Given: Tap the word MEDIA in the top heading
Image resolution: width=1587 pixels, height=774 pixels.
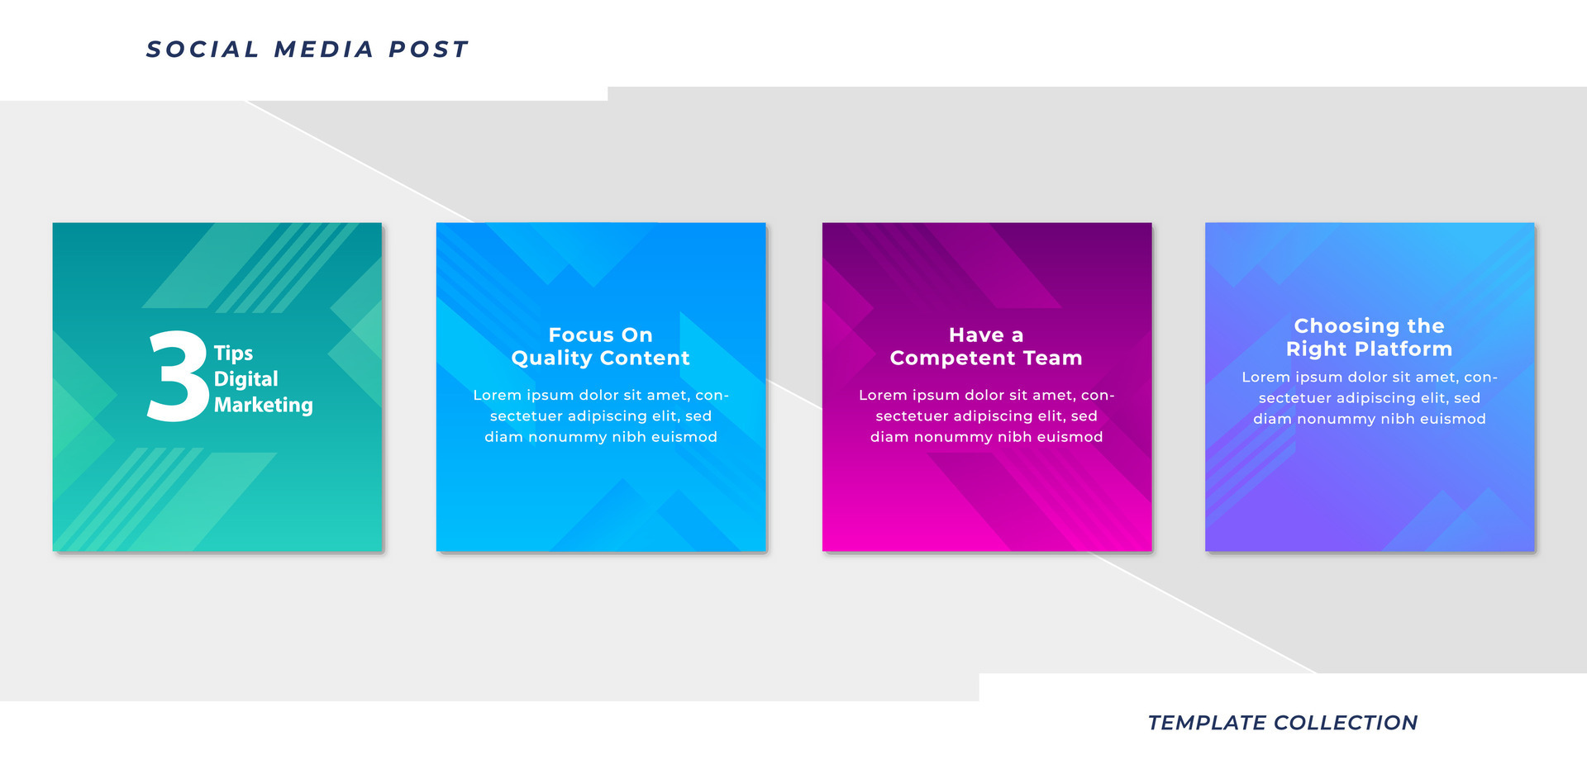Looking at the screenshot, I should point(324,50).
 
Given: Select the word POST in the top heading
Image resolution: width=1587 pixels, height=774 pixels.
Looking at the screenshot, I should point(428,50).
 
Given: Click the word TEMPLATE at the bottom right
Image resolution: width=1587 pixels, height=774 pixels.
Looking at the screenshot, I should point(1206,723).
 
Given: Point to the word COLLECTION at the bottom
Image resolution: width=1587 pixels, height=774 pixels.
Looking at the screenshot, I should point(1346,723).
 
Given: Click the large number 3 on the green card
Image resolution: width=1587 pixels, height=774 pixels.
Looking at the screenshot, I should point(177,377).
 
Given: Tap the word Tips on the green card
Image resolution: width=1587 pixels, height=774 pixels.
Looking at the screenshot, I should point(233,354).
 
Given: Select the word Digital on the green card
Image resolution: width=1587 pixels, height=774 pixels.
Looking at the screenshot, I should point(245,379).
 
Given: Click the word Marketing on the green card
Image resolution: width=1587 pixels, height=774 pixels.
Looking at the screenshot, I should point(263,405).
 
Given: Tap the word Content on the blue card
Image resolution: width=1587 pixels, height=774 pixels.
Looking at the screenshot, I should point(645,359).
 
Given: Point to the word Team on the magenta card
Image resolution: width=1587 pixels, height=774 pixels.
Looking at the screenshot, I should point(1052,359).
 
